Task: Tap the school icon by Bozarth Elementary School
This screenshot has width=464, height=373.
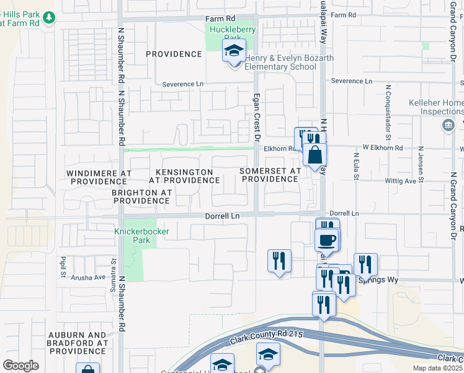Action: coord(234,52)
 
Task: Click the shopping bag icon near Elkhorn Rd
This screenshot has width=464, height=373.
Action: coord(315,155)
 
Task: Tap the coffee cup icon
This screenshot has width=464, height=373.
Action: coord(326,240)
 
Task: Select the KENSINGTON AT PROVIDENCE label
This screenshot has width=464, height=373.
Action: coord(184,176)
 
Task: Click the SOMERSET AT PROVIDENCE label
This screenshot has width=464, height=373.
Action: coord(270,175)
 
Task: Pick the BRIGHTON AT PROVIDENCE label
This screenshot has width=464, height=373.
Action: coord(141,197)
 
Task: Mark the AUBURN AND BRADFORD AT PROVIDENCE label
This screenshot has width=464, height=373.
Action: coord(78,343)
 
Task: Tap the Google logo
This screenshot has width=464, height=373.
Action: coord(20,366)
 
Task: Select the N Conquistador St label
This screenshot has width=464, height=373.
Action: coord(387,103)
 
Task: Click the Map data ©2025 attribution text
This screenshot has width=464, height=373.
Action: coord(437,368)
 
